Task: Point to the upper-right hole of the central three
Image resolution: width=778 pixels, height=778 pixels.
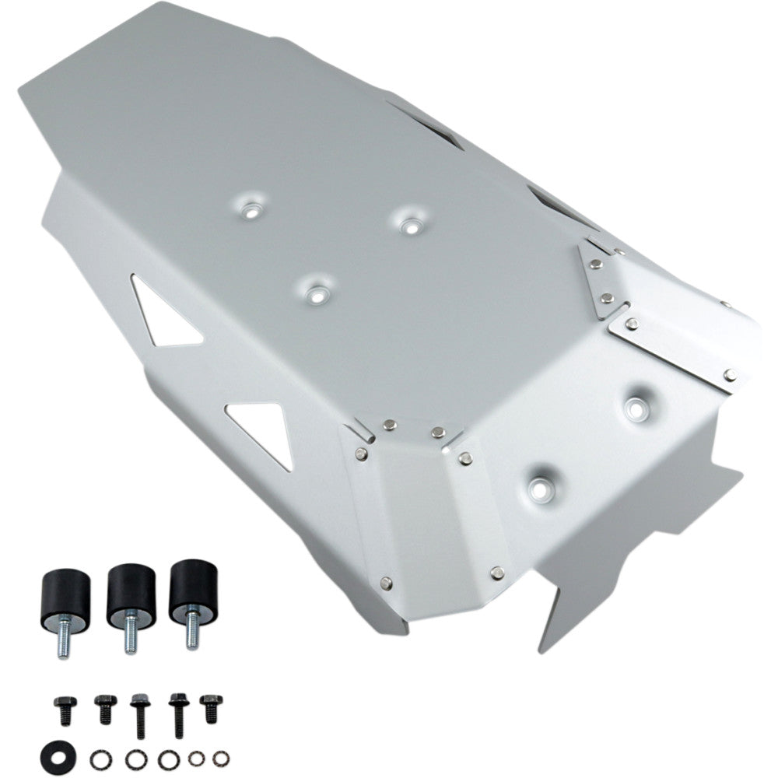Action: (409, 223)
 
